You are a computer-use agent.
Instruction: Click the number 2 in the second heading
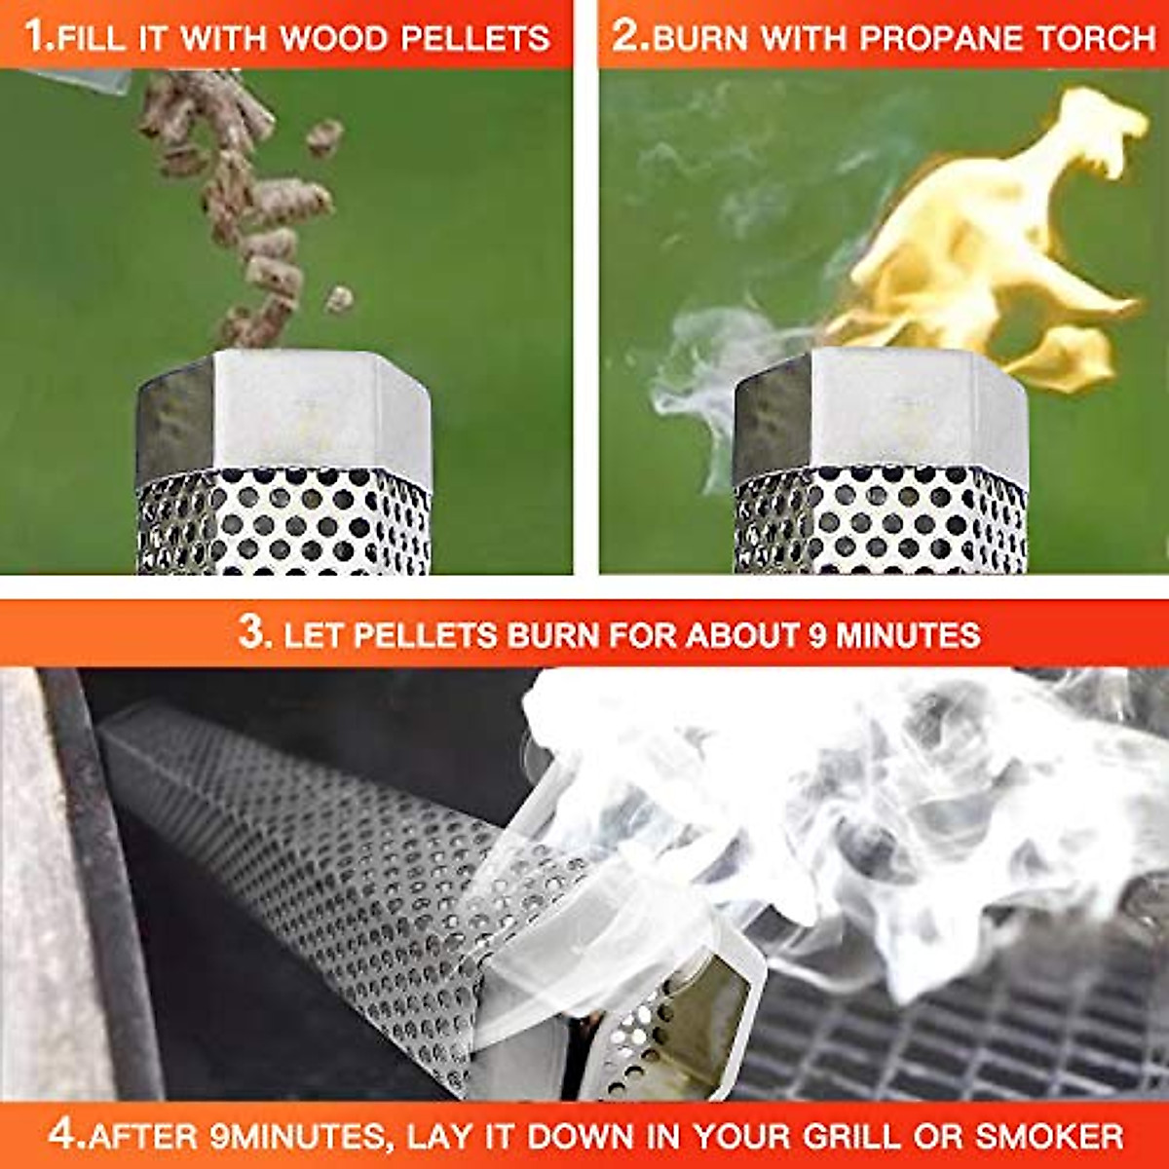pos(624,36)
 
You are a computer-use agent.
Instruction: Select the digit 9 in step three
pos(817,636)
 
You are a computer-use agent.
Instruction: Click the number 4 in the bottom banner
pos(61,1134)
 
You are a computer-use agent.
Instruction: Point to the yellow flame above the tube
pos(984,244)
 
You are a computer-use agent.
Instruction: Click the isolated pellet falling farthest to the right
pos(338,299)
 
